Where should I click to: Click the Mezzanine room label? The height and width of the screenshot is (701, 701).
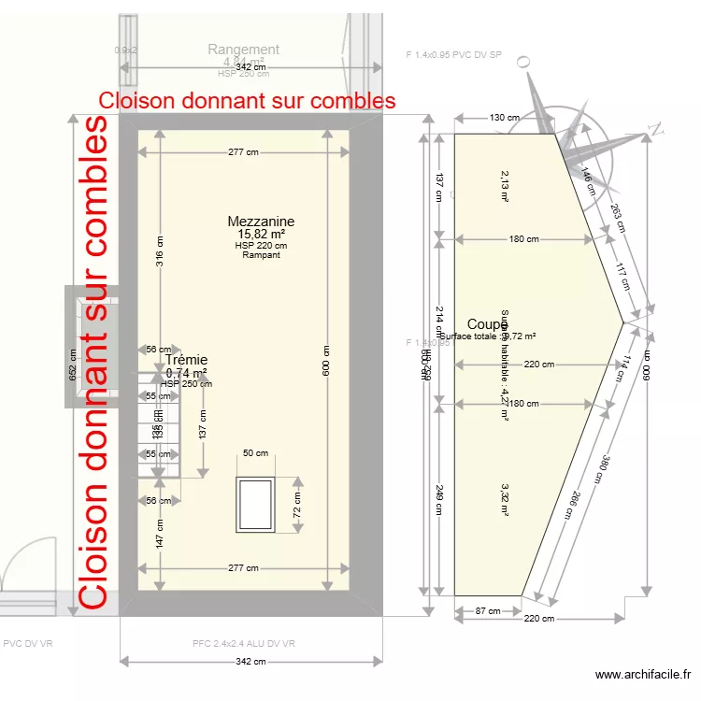[x=261, y=222]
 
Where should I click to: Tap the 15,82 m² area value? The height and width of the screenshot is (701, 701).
[x=261, y=234]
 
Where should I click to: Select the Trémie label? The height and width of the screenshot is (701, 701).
[x=186, y=360]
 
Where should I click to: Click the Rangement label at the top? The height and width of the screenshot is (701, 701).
[x=243, y=50]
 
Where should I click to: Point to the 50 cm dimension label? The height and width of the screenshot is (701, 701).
[x=255, y=453]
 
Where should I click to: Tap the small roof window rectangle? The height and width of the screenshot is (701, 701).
[x=255, y=505]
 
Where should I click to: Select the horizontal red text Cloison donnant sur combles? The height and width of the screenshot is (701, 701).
[x=247, y=100]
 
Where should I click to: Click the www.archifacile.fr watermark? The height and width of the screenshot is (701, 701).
[x=644, y=675]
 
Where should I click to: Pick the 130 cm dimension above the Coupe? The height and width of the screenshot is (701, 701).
[x=504, y=118]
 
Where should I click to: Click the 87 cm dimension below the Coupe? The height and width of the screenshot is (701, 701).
[x=486, y=611]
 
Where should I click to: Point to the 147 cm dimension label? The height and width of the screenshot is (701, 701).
[x=160, y=535]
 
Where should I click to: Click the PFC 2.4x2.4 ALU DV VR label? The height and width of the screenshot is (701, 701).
[x=244, y=643]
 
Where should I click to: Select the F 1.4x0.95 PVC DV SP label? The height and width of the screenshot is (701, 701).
[x=454, y=55]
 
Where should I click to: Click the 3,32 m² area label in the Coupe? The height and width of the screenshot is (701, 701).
[x=505, y=499]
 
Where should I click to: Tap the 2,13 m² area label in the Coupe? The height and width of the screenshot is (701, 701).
[x=505, y=186]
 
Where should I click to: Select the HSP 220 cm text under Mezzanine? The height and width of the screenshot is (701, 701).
[x=261, y=245]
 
